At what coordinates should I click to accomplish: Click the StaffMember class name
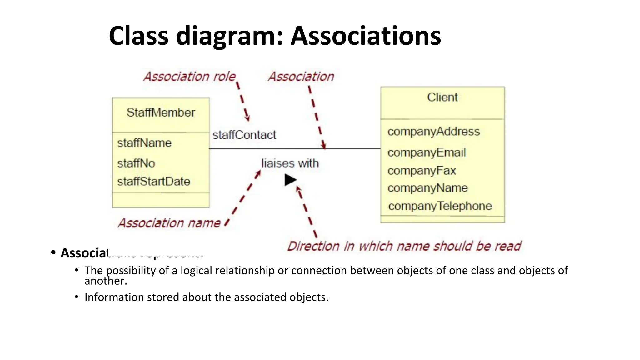point(161,112)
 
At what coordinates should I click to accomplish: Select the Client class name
point(442,97)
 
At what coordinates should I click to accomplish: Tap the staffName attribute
point(144,143)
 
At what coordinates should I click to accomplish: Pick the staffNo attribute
point(136,163)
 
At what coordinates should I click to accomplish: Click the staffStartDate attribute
point(154,181)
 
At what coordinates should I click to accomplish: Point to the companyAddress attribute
point(433,132)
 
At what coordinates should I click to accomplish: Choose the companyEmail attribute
point(427,152)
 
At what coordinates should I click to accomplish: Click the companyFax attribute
point(422,171)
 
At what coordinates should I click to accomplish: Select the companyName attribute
point(427,188)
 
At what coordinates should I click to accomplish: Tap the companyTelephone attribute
point(440,206)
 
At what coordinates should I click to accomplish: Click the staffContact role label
point(244,135)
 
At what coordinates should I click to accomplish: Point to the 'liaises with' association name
point(290,163)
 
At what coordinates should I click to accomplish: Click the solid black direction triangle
point(290,180)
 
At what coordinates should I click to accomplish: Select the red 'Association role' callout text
point(189,77)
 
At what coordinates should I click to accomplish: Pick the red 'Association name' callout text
point(169,223)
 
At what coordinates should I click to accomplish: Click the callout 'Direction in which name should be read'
point(404,246)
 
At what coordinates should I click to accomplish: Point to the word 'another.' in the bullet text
point(106,281)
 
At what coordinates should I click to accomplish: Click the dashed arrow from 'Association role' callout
point(243,101)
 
